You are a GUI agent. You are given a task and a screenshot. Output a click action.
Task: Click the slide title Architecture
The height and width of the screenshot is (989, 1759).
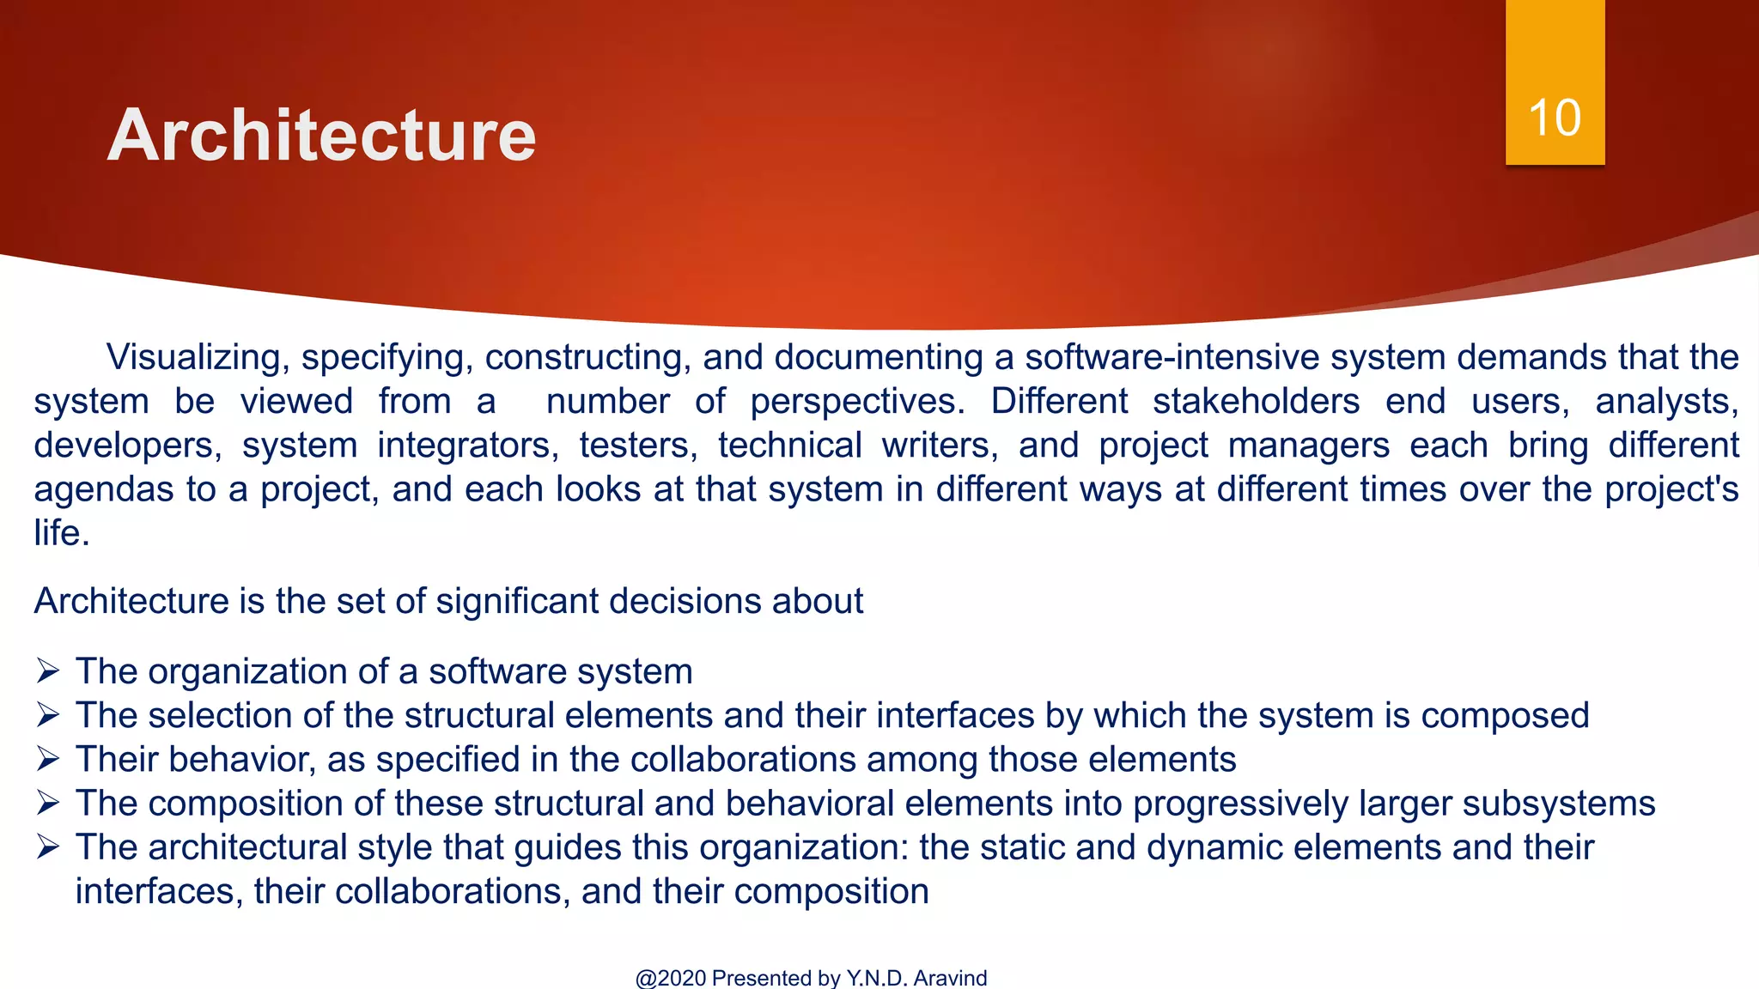coord(321,136)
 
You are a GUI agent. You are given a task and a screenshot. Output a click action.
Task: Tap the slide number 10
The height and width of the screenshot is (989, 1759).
coord(1555,118)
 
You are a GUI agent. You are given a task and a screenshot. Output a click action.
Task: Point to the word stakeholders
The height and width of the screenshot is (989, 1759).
coord(1256,402)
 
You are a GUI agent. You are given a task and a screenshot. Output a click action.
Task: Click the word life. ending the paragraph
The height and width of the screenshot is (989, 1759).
coord(62,533)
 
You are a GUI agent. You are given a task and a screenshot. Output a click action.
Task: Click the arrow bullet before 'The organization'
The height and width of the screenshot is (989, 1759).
coord(48,670)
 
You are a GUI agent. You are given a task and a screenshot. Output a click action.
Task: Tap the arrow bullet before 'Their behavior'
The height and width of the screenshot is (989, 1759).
coord(48,759)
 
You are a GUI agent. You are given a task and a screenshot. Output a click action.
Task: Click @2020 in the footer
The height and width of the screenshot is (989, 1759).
coord(671,978)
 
